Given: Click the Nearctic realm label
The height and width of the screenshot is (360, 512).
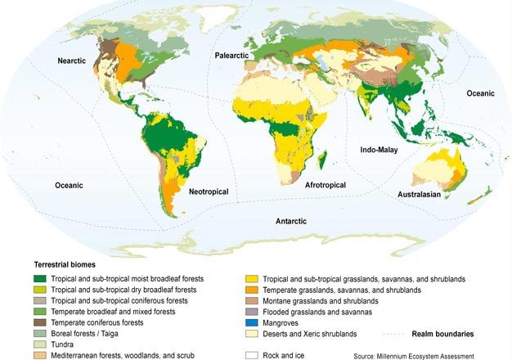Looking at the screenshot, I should (x=73, y=61).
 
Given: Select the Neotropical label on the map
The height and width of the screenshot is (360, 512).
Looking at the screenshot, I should (x=208, y=192).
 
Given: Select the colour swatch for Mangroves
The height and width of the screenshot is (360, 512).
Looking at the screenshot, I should (x=251, y=323).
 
